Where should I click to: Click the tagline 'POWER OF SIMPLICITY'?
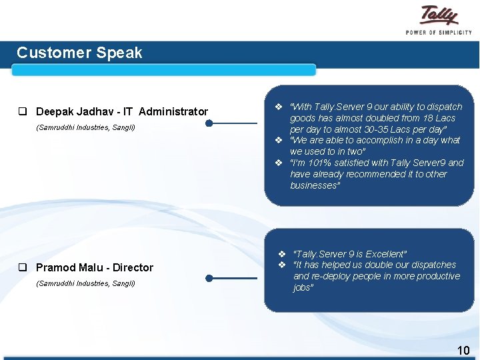coord(439,32)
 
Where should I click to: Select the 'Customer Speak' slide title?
coord(79,53)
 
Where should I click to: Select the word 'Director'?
coord(133,267)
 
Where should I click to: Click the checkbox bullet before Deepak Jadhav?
coord(23,111)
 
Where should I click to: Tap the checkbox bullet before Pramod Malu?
coord(23,267)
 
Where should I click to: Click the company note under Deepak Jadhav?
coord(85,127)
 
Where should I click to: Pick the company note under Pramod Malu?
coord(85,283)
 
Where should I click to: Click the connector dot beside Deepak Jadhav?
coord(209,123)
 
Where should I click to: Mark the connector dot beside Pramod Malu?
coord(209,278)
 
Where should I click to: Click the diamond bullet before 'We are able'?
coord(281,140)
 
